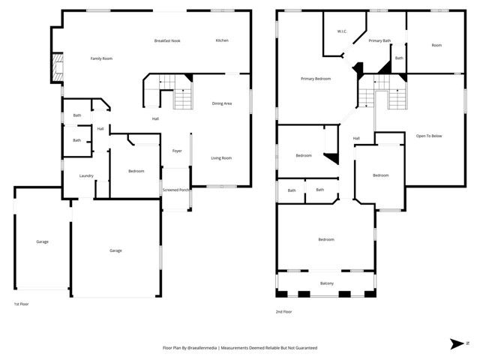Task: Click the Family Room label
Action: pyautogui.click(x=101, y=58)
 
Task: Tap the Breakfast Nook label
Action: pyautogui.click(x=168, y=40)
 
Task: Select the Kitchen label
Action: pyautogui.click(x=222, y=40)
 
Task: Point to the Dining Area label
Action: pyautogui.click(x=221, y=103)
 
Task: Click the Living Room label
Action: pyautogui.click(x=220, y=157)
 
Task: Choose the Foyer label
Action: pyautogui.click(x=177, y=151)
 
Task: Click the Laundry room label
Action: pyautogui.click(x=87, y=176)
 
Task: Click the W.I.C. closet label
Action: pyautogui.click(x=341, y=31)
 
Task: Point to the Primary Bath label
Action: pyautogui.click(x=379, y=40)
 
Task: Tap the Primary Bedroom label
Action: pyautogui.click(x=316, y=79)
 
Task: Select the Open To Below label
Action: pyautogui.click(x=429, y=136)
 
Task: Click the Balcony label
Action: pyautogui.click(x=327, y=283)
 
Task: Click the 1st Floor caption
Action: pyautogui.click(x=22, y=304)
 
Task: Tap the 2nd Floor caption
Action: pyautogui.click(x=284, y=311)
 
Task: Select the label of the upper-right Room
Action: pyautogui.click(x=436, y=45)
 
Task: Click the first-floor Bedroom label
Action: pyautogui.click(x=136, y=171)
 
